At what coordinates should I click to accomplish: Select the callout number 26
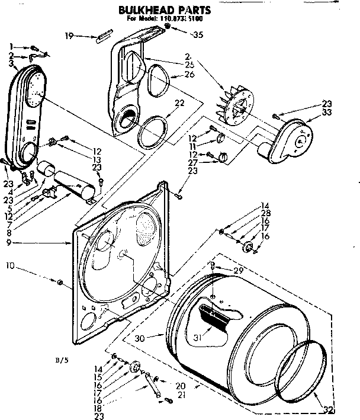click(x=189, y=75)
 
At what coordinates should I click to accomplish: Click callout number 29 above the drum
click(x=238, y=270)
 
